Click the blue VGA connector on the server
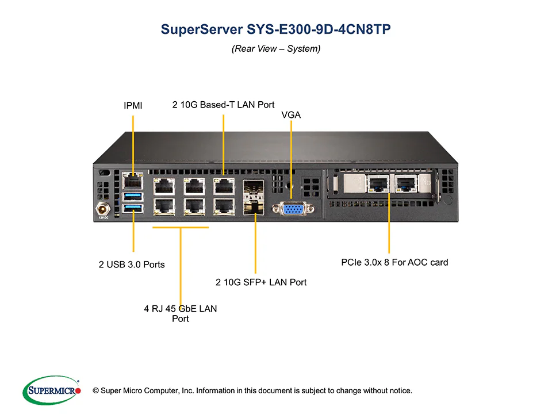[x=297, y=209]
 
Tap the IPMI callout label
[x=133, y=106]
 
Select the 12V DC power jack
[x=103, y=206]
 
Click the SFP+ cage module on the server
[x=252, y=195]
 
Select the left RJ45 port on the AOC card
[x=377, y=184]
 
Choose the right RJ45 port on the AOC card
[x=406, y=184]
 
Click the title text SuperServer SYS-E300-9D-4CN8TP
[x=275, y=30]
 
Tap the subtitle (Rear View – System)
[x=275, y=49]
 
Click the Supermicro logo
[x=51, y=390]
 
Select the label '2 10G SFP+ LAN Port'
[x=261, y=282]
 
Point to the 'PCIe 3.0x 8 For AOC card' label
[x=394, y=262]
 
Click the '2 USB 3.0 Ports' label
[x=132, y=264]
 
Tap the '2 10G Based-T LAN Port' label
[x=223, y=105]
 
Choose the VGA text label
[x=291, y=115]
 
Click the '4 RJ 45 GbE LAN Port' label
[x=181, y=313]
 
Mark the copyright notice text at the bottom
[x=256, y=391]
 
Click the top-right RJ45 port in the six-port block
[x=223, y=186]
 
